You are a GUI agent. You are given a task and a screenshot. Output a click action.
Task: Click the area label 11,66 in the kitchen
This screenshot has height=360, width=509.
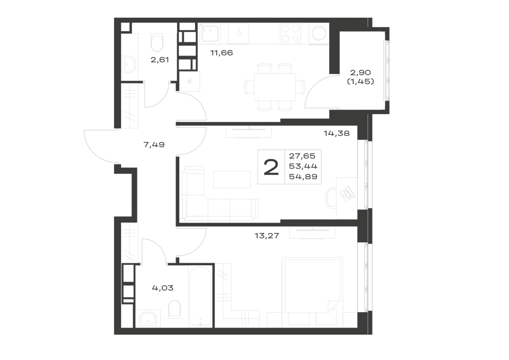tap(222, 52)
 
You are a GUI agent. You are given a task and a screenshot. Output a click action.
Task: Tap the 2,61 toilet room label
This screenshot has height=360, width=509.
tap(160, 60)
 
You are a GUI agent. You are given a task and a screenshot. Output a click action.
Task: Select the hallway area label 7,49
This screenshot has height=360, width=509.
tap(154, 145)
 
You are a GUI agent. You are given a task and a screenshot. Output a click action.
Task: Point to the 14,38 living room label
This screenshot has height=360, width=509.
tap(336, 133)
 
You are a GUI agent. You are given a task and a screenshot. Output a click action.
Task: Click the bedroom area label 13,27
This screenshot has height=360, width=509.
tap(267, 236)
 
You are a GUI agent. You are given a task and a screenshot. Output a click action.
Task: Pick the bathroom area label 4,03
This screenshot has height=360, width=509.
tap(163, 288)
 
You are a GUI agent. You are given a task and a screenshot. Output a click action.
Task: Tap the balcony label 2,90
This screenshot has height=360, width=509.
tap(360, 72)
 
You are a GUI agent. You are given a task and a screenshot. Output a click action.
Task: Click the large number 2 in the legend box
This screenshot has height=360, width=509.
tap(271, 168)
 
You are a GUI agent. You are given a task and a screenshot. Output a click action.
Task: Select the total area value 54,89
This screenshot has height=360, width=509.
tap(303, 177)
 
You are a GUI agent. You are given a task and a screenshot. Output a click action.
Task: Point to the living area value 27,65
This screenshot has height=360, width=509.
tap(302, 156)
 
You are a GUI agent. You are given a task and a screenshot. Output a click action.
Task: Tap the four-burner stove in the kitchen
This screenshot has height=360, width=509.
tap(291, 34)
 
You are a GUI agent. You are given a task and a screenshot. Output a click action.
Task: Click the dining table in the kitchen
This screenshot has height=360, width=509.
tap(275, 87)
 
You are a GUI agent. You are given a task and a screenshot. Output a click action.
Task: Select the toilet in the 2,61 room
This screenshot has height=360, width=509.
tap(157, 43)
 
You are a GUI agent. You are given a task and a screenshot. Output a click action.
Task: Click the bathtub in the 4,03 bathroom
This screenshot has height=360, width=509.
tap(200, 296)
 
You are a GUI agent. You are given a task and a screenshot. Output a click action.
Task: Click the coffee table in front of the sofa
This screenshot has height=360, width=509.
tap(232, 180)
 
